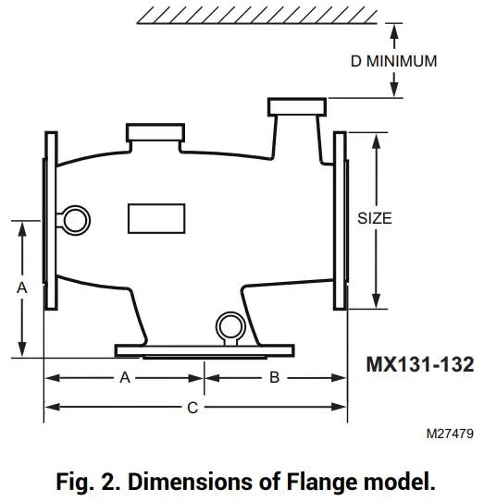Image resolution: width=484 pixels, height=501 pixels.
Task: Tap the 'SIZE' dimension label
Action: point(374,219)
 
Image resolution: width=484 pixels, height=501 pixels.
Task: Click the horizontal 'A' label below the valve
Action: point(124,377)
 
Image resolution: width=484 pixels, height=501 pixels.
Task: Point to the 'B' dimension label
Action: point(274,377)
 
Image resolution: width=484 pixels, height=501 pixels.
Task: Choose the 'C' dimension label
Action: point(192,408)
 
